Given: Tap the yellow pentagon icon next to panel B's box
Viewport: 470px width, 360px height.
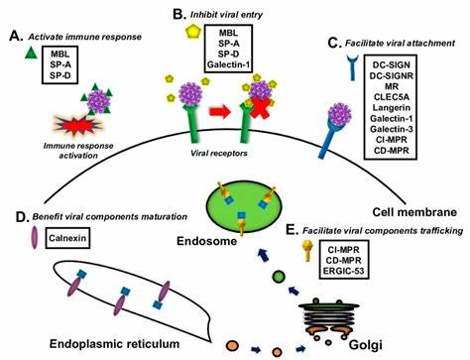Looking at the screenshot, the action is (x=193, y=31).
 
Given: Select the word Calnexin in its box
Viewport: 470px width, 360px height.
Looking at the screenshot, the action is (x=67, y=238).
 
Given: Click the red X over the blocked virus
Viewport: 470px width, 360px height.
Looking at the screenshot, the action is (x=260, y=108).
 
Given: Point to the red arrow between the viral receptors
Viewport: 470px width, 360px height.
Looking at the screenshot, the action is (x=220, y=111).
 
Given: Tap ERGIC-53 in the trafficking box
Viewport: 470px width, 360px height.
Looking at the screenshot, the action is (x=344, y=271).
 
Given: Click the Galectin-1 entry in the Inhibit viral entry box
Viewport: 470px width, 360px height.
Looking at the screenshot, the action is (x=228, y=64).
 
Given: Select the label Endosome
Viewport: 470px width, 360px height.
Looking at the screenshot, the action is (x=207, y=241).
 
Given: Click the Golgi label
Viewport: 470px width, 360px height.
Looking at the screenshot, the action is (x=366, y=345).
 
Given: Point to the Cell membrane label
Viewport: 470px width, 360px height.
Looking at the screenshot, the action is (x=414, y=212).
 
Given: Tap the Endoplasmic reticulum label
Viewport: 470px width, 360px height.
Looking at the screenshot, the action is (x=115, y=344).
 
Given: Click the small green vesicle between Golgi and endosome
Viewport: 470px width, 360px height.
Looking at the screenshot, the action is (x=279, y=277).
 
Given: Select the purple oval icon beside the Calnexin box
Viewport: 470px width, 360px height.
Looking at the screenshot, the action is (x=35, y=238).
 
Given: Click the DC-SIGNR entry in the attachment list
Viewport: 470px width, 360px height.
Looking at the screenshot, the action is (x=392, y=76).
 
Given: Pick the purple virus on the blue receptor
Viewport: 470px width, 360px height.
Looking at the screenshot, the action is (x=340, y=115).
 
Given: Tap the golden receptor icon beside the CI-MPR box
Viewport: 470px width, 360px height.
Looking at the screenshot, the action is (x=308, y=251).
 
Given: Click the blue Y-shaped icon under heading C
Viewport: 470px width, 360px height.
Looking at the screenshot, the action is (x=353, y=67).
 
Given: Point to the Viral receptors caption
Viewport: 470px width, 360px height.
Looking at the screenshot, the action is (x=219, y=154).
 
